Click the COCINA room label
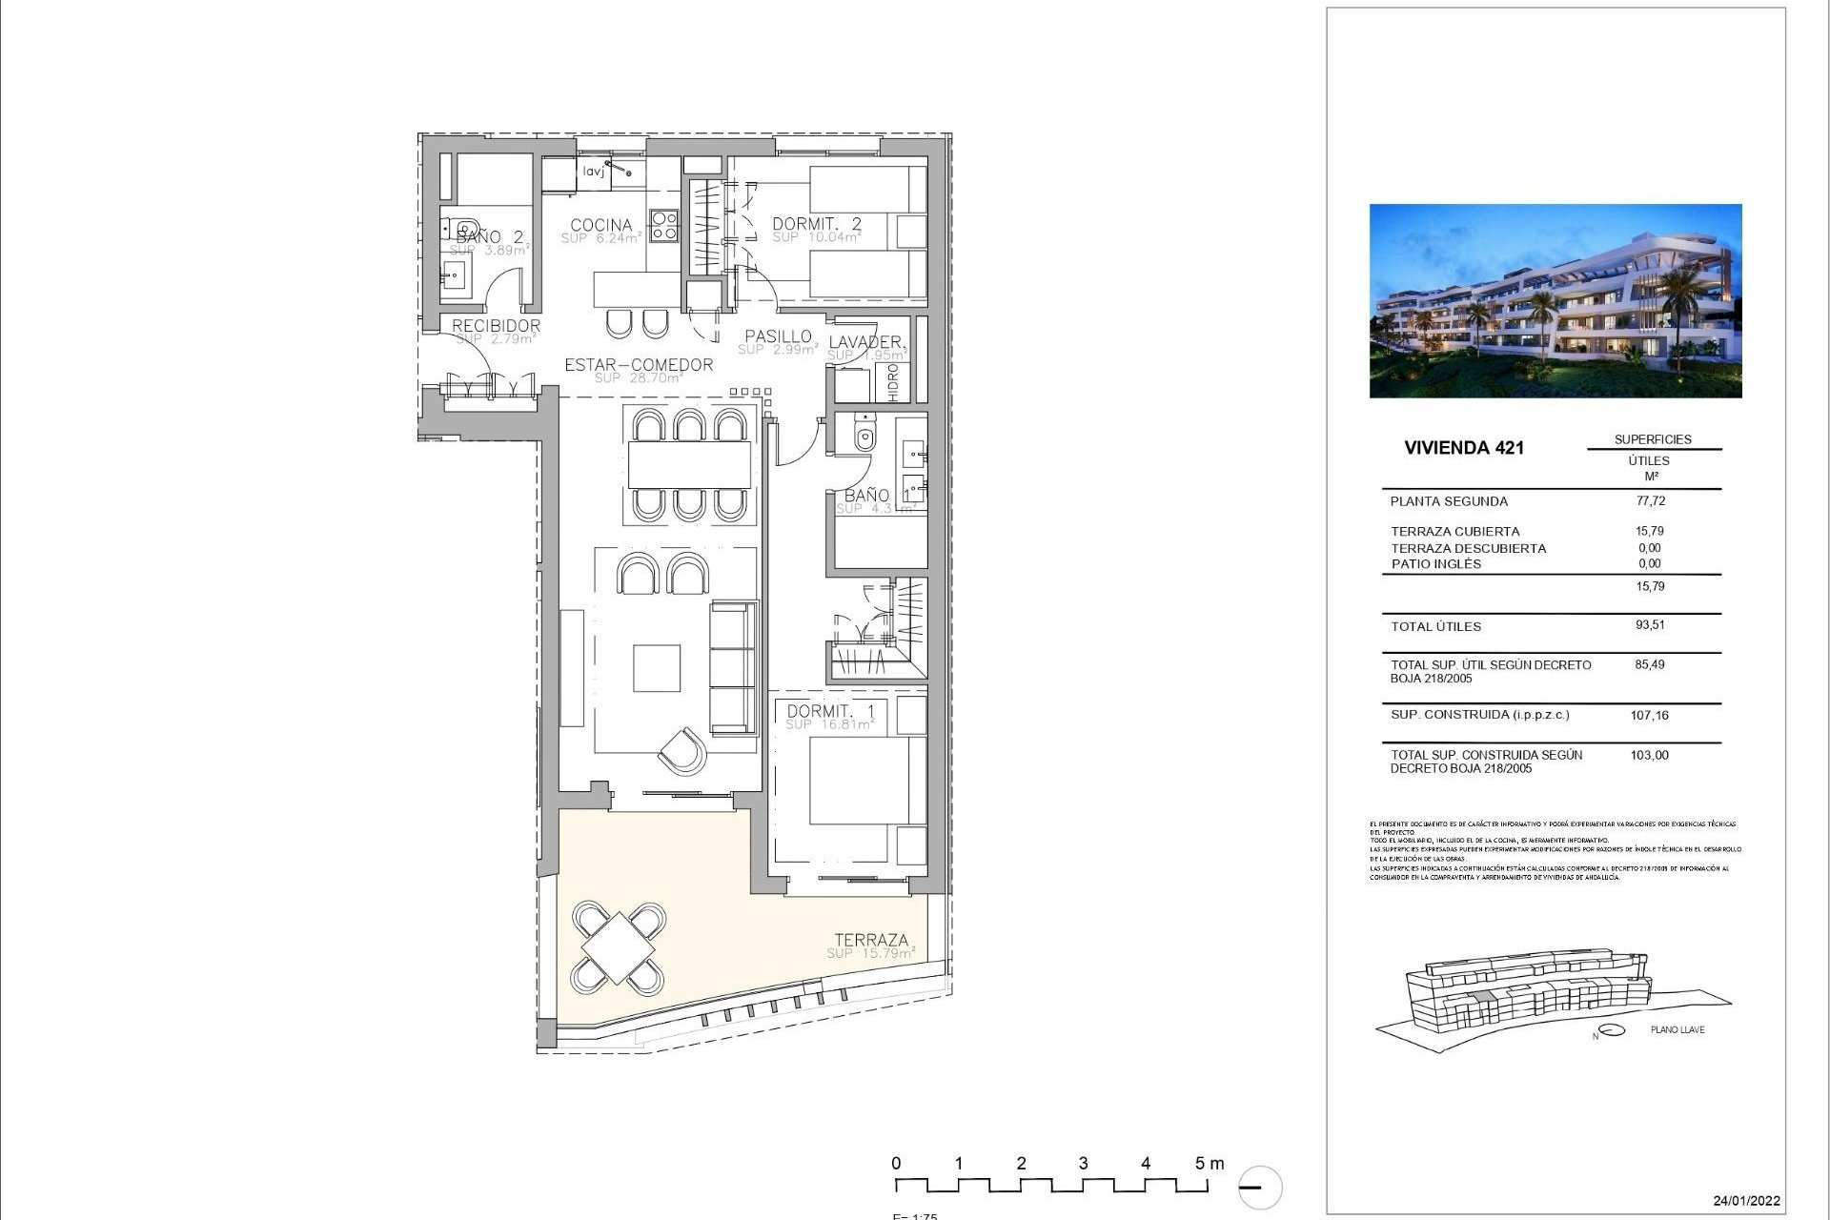pyautogui.click(x=600, y=225)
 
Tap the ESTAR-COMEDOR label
pyautogui.click(x=639, y=364)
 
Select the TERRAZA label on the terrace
pyautogui.click(x=871, y=940)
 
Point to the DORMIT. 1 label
pyautogui.click(x=830, y=711)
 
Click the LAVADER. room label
pyautogui.click(x=865, y=341)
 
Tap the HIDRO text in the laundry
pyautogui.click(x=893, y=381)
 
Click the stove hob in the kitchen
pyautogui.click(x=663, y=225)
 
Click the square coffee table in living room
pyautogui.click(x=657, y=668)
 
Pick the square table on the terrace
pyautogui.click(x=619, y=947)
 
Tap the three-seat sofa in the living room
pyautogui.click(x=733, y=667)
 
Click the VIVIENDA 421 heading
pyautogui.click(x=1463, y=448)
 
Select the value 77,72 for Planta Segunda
pyautogui.click(x=1650, y=500)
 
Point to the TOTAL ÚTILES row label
pyautogui.click(x=1435, y=626)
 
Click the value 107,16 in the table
pyautogui.click(x=1649, y=715)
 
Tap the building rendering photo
pyautogui.click(x=1555, y=300)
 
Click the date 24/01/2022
pyautogui.click(x=1746, y=1201)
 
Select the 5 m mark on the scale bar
pyautogui.click(x=1209, y=1164)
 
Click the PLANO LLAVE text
pyautogui.click(x=1677, y=1029)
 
